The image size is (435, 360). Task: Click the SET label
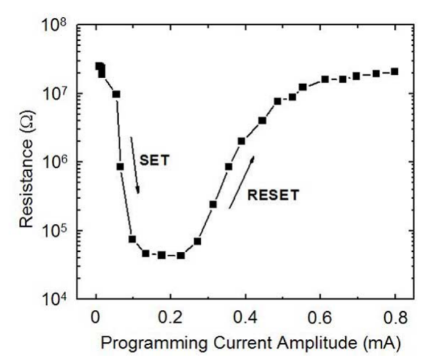(x=154, y=160)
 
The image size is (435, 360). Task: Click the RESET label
(x=273, y=195)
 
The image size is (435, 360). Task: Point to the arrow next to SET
(x=135, y=165)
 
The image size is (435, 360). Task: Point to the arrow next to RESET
(x=242, y=182)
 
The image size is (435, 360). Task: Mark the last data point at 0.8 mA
(x=394, y=72)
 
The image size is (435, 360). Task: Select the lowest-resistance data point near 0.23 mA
(x=180, y=255)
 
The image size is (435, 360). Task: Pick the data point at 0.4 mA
(x=242, y=141)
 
